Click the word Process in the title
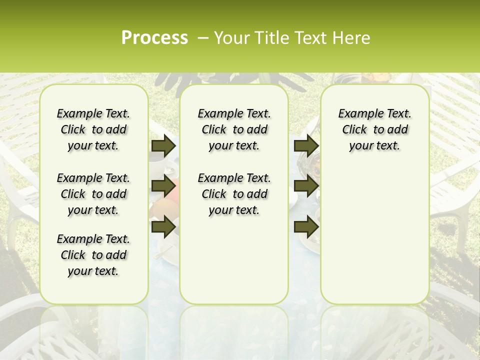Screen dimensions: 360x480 (x=154, y=38)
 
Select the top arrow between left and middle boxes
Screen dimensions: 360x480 (x=163, y=145)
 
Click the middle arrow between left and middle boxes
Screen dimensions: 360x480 (x=163, y=186)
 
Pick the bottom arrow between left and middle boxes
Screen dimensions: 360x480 (x=163, y=226)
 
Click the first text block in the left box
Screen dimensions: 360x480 (x=93, y=129)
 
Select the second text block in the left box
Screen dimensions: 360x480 (x=93, y=194)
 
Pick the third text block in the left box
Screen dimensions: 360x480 (x=93, y=255)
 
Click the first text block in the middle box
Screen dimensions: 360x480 (x=234, y=129)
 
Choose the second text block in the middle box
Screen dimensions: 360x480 (x=234, y=194)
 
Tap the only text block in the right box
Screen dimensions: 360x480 (x=375, y=129)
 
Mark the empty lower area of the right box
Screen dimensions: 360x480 (x=375, y=230)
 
